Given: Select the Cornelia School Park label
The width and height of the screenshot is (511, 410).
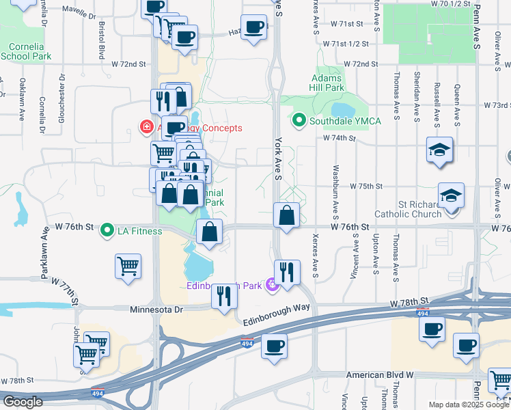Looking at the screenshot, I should tap(26, 52).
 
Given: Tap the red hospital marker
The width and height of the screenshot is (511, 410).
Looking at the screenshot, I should tap(146, 127).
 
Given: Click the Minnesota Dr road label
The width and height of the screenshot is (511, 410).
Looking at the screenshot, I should tap(157, 310).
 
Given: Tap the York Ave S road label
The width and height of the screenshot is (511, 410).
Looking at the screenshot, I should tap(278, 158).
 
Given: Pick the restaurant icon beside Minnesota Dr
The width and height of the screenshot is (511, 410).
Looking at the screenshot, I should tap(224, 296).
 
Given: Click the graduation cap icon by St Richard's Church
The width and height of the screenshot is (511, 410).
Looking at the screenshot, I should tap(451, 196).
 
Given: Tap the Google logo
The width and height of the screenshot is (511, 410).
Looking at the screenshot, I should tap(23, 402).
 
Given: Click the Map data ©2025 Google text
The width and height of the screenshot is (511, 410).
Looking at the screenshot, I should tap(467, 405).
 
